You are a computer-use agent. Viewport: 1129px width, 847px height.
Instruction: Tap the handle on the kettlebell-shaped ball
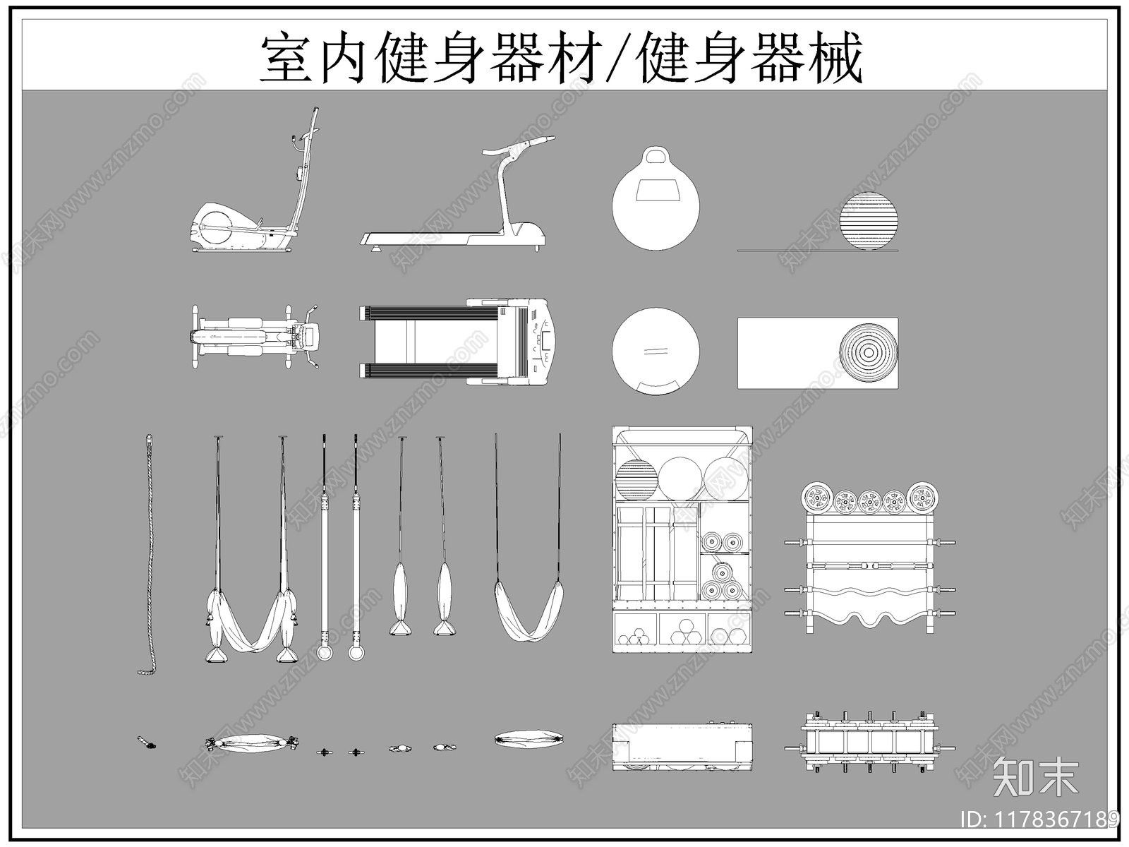(656, 156)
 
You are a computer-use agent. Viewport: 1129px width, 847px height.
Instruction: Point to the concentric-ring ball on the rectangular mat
(869, 352)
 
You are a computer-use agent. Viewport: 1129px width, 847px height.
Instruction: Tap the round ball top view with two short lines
(656, 350)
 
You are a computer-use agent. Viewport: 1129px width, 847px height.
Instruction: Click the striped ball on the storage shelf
(636, 480)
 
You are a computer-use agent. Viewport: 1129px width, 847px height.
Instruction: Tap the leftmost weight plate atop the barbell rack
(817, 498)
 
